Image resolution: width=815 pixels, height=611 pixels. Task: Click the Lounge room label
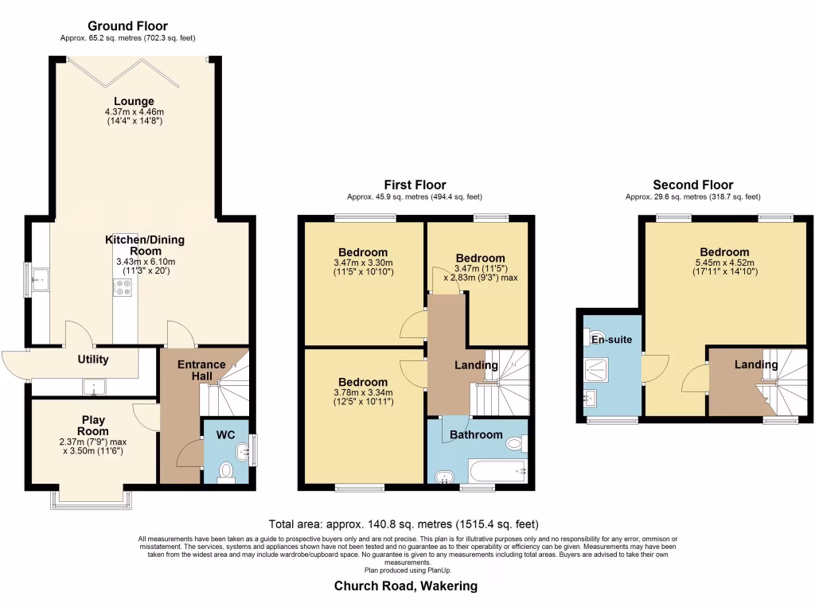(134, 101)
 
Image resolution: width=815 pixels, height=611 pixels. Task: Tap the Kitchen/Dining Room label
(139, 245)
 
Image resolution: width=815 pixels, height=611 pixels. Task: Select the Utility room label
(93, 360)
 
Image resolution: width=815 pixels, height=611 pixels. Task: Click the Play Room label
(93, 426)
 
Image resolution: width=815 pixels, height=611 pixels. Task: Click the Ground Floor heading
(127, 26)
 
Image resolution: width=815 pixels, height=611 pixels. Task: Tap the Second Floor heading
(692, 185)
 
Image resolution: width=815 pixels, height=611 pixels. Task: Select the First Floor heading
(414, 185)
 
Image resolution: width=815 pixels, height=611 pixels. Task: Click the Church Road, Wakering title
(406, 586)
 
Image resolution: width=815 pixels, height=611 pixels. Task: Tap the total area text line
(404, 524)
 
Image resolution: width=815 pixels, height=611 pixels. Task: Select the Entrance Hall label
(201, 371)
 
